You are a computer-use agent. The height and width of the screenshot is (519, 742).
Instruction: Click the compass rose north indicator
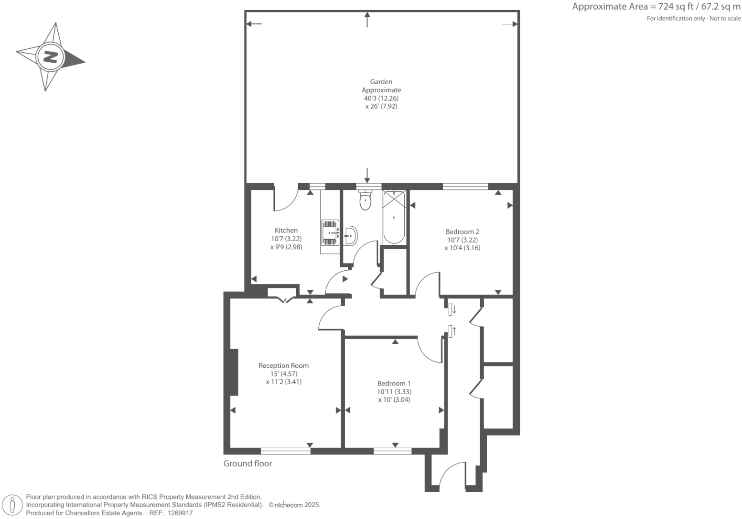coord(50,57)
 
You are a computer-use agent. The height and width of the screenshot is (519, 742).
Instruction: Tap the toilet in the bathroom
coord(366,200)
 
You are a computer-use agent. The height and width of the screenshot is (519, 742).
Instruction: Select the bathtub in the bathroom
coord(394,217)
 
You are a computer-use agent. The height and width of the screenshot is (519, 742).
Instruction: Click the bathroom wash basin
coord(350,235)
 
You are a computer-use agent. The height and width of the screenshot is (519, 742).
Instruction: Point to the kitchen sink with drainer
coord(330,232)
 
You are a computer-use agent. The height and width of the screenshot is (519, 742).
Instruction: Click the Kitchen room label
coord(286,231)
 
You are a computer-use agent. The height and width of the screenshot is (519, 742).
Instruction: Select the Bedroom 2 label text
coord(462,232)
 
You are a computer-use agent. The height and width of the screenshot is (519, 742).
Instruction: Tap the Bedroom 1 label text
coord(394,383)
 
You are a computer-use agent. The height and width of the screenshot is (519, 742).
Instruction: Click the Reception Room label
coord(283,365)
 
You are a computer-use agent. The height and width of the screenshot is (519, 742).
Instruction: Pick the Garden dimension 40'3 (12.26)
coord(381,98)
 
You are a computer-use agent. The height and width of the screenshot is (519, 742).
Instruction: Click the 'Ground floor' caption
coord(247,464)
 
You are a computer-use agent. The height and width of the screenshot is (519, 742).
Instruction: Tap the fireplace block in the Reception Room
coord(234,372)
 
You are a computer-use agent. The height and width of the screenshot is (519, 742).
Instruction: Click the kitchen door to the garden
coord(286,199)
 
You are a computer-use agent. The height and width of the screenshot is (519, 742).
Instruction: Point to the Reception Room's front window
coord(285,451)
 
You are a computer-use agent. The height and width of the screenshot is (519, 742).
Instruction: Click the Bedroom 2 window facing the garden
coord(465,187)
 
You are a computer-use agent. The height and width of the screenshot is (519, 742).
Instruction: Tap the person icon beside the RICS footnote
coord(12,505)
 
